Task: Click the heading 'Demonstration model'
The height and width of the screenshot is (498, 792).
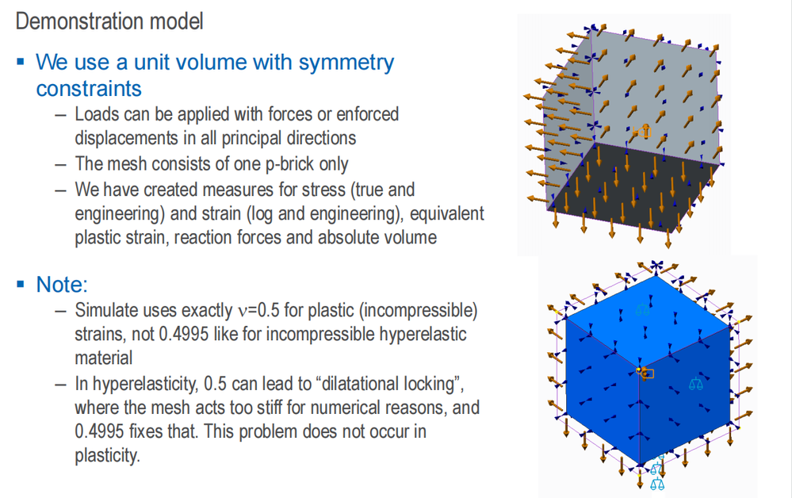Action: [109, 21]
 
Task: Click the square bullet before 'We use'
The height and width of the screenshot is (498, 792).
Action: [20, 62]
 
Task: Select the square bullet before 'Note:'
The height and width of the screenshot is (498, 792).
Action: [20, 284]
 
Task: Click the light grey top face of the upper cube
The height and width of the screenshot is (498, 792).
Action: [634, 87]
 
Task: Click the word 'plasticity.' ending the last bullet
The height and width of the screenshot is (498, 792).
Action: [107, 457]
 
